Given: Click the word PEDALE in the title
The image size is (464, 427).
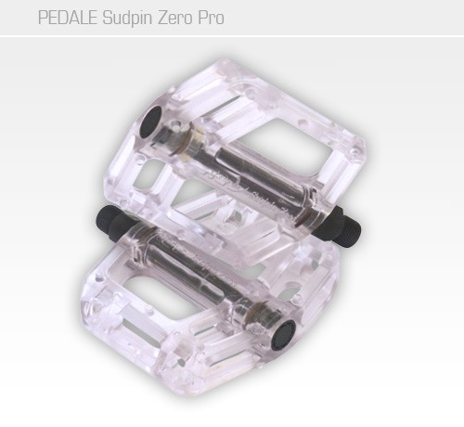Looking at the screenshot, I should point(66,18).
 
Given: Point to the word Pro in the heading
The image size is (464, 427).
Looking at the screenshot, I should point(211,18).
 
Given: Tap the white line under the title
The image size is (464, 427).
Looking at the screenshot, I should point(232,36).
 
